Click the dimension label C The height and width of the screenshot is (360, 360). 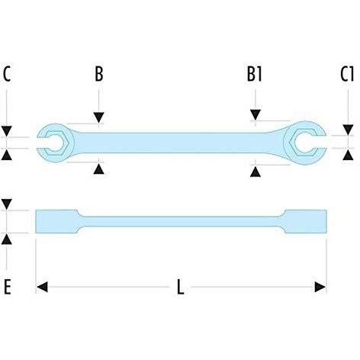[7, 74]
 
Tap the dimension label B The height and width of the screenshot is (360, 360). [99, 74]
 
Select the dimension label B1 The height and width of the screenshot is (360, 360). [255, 74]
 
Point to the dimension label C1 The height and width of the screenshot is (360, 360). [347, 74]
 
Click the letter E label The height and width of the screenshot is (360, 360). [8, 287]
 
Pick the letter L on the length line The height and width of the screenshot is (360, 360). [180, 287]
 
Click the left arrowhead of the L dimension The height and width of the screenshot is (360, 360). [42, 287]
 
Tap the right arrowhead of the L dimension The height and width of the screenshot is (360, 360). [320, 287]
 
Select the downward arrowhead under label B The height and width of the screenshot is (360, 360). [98, 117]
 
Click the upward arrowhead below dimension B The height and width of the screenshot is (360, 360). [98, 169]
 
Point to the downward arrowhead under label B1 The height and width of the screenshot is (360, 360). [256, 115]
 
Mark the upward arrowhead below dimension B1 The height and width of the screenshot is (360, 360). [256, 172]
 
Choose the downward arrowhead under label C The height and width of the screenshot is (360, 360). [7, 130]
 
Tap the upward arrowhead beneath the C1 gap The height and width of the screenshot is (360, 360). [348, 155]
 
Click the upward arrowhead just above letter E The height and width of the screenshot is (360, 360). [7, 239]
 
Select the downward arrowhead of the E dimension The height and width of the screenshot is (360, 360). [7, 204]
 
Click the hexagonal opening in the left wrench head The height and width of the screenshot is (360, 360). [57, 143]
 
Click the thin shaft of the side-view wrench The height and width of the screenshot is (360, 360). [181, 221]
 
